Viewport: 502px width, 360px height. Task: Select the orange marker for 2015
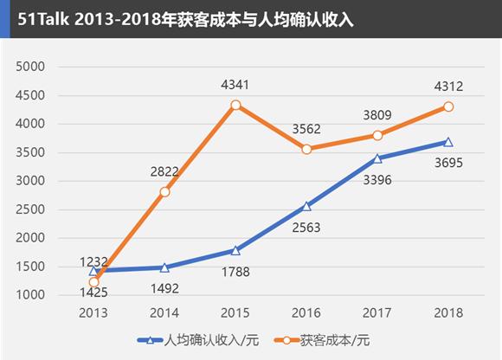click(x=235, y=105)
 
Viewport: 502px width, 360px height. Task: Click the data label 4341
click(x=235, y=85)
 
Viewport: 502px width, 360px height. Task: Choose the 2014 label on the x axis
click(x=164, y=312)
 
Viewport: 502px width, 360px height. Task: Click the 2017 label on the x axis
click(x=376, y=312)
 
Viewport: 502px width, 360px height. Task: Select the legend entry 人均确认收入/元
click(x=196, y=339)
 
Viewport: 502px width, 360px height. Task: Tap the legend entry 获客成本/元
click(x=327, y=339)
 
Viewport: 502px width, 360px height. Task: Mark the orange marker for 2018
click(x=447, y=106)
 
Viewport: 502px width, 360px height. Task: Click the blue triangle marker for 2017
click(x=376, y=158)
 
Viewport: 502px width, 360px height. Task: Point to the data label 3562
click(x=306, y=128)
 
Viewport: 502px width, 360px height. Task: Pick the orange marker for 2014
click(x=164, y=191)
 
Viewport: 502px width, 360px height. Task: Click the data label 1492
click(x=164, y=288)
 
